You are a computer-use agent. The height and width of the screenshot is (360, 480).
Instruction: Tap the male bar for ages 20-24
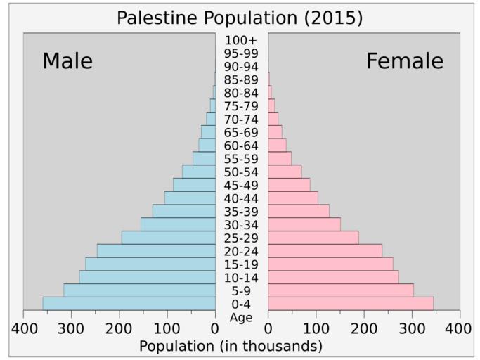point(156,250)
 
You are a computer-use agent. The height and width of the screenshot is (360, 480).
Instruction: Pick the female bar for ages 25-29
point(313,238)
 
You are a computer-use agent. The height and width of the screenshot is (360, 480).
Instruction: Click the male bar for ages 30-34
point(178,224)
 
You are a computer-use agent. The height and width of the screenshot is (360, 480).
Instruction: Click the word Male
point(67,61)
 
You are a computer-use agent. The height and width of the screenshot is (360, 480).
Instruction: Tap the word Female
point(404,61)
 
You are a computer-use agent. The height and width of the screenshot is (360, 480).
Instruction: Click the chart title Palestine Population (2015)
point(240,18)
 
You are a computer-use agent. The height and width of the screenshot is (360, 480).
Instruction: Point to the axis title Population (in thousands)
point(231,346)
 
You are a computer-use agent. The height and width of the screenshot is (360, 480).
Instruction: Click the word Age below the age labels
point(241,317)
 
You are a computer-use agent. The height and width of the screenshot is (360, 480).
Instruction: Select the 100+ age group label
point(241,40)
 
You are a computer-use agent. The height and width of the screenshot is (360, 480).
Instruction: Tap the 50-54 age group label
point(241,172)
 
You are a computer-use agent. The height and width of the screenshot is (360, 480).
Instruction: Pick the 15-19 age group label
point(241,264)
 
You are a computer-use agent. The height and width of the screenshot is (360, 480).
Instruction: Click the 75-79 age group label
point(241,106)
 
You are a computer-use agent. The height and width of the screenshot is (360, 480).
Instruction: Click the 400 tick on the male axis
point(23,329)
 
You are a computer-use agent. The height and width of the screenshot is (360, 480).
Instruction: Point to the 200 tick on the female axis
point(364,329)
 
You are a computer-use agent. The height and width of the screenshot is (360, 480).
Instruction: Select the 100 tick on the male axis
point(167,329)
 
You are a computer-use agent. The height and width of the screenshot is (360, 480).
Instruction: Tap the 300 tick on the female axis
point(412,329)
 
